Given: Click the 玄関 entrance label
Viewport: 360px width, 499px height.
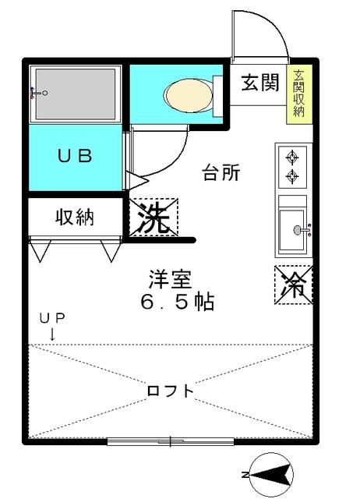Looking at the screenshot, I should [x=259, y=83].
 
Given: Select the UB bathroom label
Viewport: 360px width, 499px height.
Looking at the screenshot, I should [x=75, y=154].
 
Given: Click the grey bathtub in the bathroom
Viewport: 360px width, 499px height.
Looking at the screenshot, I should [x=76, y=94].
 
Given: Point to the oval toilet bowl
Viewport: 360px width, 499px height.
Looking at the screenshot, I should [x=187, y=95].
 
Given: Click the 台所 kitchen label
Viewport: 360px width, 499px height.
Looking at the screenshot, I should [x=221, y=173].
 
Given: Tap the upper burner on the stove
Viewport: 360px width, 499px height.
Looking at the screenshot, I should [x=293, y=157].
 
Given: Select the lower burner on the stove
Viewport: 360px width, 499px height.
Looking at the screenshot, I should [x=293, y=177].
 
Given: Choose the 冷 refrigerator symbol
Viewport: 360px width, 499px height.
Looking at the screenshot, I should [x=295, y=285].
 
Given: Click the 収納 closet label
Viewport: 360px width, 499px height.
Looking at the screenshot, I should [x=75, y=217].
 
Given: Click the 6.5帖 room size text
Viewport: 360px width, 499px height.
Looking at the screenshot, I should [x=178, y=301].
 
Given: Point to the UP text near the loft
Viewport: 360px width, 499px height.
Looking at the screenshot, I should [x=54, y=318].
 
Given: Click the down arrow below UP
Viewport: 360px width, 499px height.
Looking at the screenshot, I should [x=52, y=333].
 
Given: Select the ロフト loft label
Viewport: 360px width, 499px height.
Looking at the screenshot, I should [x=170, y=391].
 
